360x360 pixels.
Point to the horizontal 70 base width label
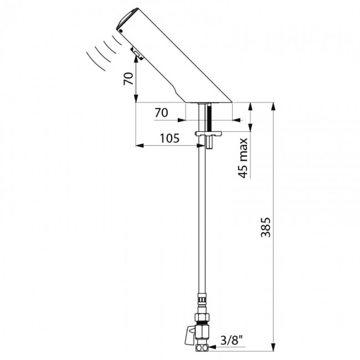[x=161, y=112]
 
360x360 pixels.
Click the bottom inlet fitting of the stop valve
[x=203, y=348]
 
